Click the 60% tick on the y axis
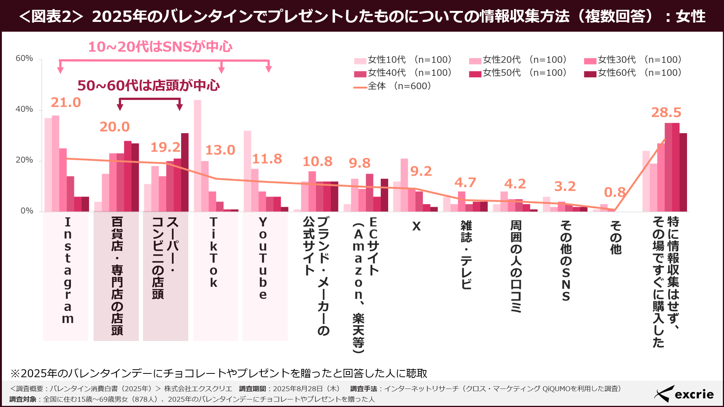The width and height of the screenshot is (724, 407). [24, 58]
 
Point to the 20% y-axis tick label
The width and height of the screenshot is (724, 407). [24, 160]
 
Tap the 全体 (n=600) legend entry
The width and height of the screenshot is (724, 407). [392, 86]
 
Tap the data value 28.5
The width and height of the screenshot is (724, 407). [666, 112]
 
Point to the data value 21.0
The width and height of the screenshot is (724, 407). [66, 103]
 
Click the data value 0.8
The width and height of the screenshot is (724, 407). [615, 192]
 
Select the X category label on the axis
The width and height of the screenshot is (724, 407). [416, 226]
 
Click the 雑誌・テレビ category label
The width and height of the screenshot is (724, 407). [466, 255]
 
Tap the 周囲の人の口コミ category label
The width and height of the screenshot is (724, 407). [516, 266]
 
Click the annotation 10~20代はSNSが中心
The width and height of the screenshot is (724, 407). [160, 47]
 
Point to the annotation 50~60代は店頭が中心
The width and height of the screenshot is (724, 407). [149, 86]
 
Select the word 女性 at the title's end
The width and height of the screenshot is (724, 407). [690, 16]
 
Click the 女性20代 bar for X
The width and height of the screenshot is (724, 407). [404, 185]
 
